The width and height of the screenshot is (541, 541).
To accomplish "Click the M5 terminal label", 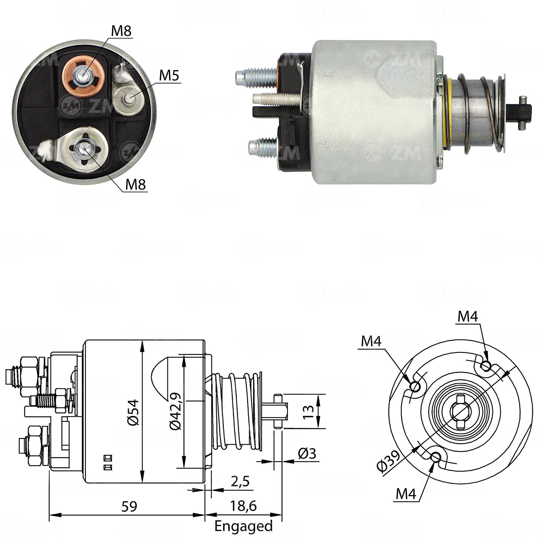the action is tap(170, 75).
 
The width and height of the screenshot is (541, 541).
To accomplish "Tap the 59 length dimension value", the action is tap(129, 506).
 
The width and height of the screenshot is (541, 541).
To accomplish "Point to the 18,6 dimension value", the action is tap(243, 506).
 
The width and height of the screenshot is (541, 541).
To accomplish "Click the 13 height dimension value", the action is tap(309, 412).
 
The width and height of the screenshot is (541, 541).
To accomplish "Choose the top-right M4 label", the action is tap(468, 316).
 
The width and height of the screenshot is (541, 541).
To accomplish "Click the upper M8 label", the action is tap(121, 31).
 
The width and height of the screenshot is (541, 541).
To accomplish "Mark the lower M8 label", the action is tap(135, 184).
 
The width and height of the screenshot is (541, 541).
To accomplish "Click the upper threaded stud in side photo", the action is tap(256, 77).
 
